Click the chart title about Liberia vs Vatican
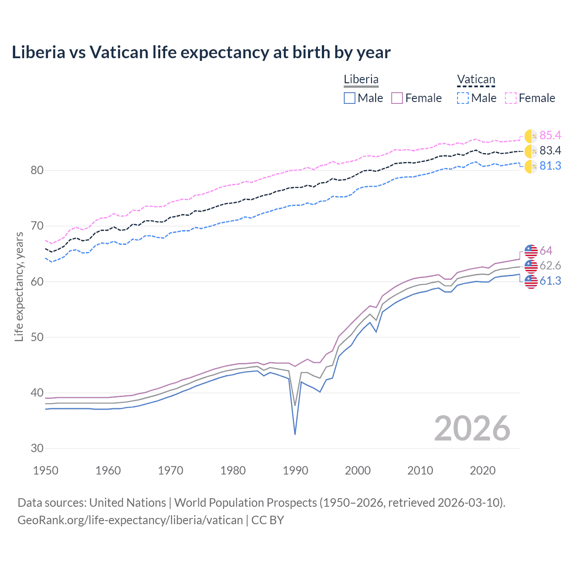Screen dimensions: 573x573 (201, 52)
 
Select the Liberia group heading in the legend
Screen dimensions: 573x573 (361, 80)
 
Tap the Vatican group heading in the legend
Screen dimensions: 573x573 (476, 80)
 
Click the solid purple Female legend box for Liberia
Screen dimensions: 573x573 (398, 98)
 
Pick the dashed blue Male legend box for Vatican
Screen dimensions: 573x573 (463, 98)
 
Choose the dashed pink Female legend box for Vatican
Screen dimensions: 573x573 (511, 98)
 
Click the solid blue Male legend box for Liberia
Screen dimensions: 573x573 (350, 98)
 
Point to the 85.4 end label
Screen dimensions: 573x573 (550, 136)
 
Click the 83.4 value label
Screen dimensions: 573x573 (550, 151)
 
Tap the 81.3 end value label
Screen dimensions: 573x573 (550, 166)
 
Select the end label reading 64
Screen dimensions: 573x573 (546, 251)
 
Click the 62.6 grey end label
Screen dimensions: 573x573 (550, 266)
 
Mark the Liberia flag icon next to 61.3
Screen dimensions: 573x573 (531, 282)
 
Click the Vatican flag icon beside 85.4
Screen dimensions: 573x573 (531, 136)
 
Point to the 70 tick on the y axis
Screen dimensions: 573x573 (37, 226)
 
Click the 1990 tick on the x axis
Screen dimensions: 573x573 (295, 470)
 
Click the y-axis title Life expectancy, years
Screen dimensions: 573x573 (19, 286)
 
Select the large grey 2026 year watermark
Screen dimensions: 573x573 (472, 428)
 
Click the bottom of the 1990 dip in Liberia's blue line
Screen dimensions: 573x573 (295, 434)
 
